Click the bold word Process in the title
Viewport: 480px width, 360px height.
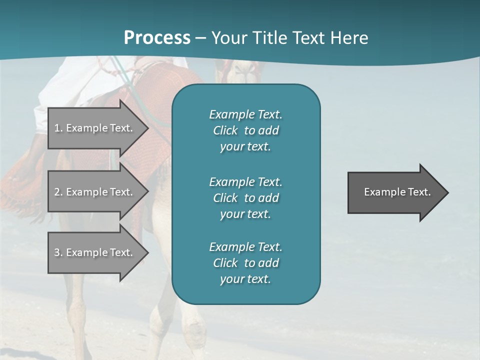pyautogui.click(x=157, y=37)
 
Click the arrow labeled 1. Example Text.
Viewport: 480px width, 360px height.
pyautogui.click(x=95, y=128)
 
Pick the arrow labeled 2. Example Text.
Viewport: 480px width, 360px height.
pyautogui.click(x=95, y=192)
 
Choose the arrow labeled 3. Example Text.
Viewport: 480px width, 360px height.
pyautogui.click(x=95, y=252)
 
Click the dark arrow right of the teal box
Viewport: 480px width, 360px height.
pyautogui.click(x=395, y=192)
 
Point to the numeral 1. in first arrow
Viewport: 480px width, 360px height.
pyautogui.click(x=58, y=128)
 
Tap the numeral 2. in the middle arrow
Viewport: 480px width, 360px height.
pyautogui.click(x=58, y=192)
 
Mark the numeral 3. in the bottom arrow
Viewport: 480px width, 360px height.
pyautogui.click(x=58, y=252)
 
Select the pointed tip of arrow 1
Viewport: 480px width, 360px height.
pyautogui.click(x=146, y=128)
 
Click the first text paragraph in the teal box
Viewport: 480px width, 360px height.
pyautogui.click(x=245, y=130)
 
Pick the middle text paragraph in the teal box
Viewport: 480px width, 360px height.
pyautogui.click(x=245, y=197)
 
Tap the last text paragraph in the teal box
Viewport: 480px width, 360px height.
pyautogui.click(x=245, y=263)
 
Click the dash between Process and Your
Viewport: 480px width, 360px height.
pyautogui.click(x=201, y=38)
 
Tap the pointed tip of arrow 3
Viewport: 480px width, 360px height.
pyautogui.click(x=146, y=252)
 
